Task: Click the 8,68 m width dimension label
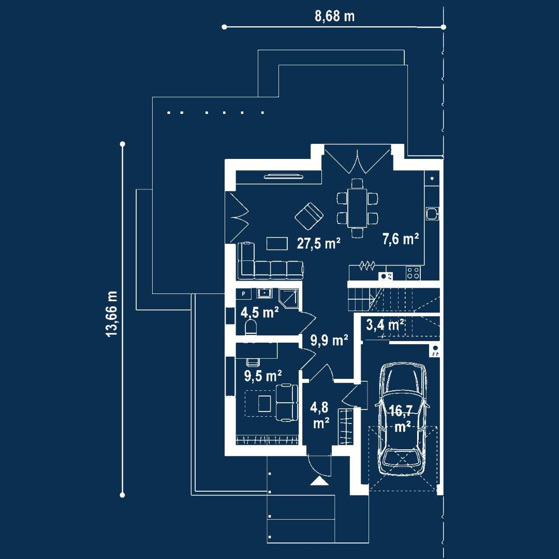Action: tap(335, 16)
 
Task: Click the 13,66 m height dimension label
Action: tap(112, 314)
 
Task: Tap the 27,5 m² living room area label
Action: tap(318, 243)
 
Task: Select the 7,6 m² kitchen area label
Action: tap(400, 239)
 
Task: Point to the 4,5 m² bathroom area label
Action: tap(259, 312)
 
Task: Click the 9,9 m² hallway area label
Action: tap(329, 340)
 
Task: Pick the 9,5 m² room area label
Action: tap(263, 376)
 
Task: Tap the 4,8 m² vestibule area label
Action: tap(320, 415)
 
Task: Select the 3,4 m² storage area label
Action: tap(385, 325)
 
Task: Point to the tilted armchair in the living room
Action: tap(309, 216)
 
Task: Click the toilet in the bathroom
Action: tap(251, 327)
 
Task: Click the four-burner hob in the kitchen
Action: tap(413, 272)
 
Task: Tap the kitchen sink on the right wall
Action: tap(432, 213)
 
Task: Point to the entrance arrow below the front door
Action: tap(319, 481)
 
